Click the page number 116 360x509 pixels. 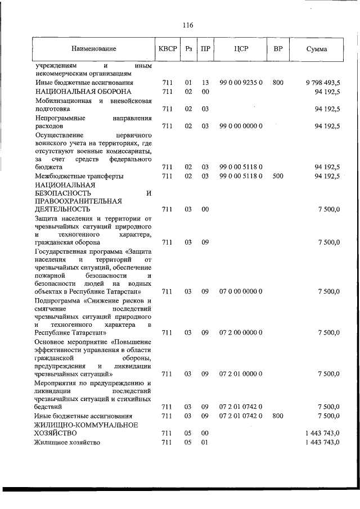[x=188, y=25]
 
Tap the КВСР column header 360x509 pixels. [x=167, y=49]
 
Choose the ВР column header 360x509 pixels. [x=278, y=49]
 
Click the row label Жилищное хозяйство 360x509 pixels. [x=67, y=443]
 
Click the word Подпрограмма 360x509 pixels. [x=57, y=300]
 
